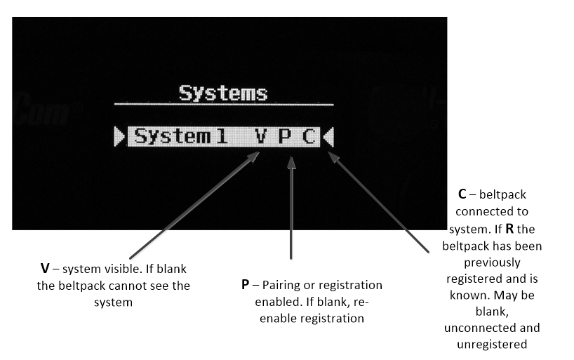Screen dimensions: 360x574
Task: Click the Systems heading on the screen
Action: pos(222,93)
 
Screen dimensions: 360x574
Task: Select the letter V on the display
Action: pos(260,136)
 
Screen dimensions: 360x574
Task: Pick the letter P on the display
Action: pos(284,136)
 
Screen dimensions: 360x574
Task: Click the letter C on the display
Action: pos(309,136)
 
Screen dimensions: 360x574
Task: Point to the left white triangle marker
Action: pos(119,136)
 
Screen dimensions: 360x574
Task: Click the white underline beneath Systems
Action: pos(224,105)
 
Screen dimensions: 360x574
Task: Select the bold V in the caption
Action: pos(45,269)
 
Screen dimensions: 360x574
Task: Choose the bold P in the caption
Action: pos(246,286)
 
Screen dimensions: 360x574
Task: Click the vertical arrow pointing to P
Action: pos(291,211)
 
